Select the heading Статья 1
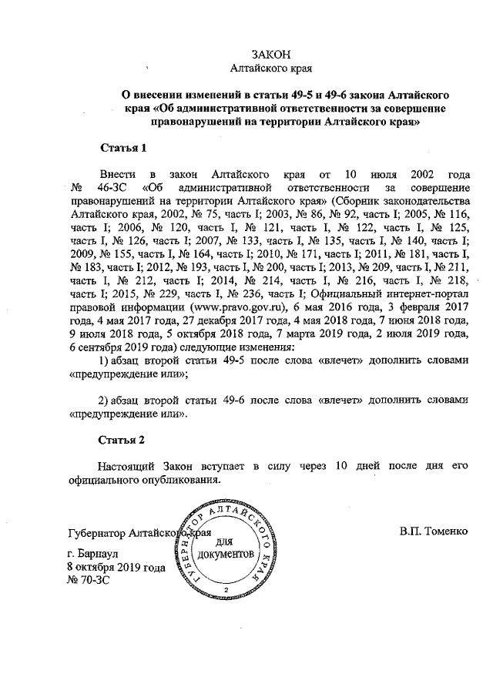tap(123, 147)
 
